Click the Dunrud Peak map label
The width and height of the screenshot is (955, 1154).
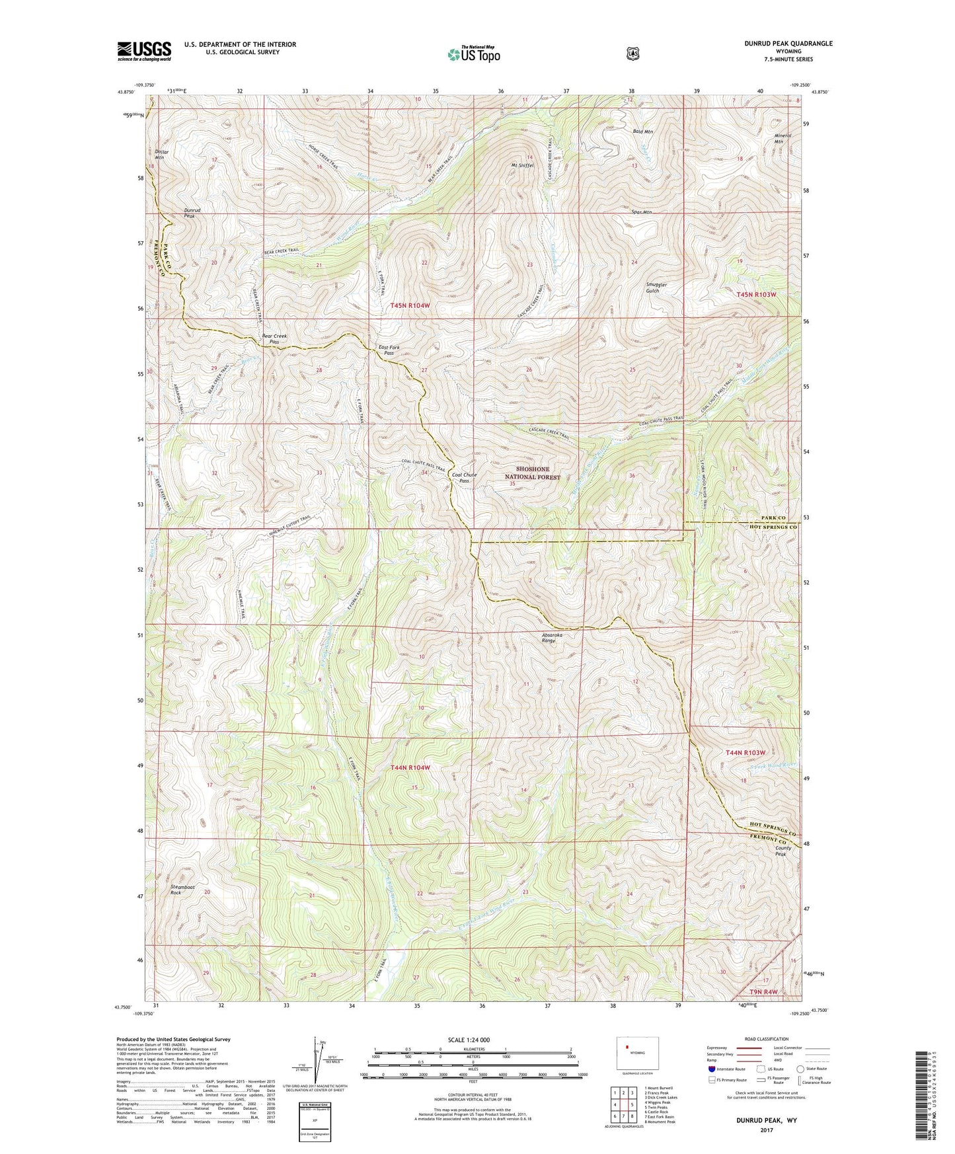click(192, 213)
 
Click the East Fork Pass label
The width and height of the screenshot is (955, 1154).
click(389, 350)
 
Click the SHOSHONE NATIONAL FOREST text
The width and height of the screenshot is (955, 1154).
click(532, 473)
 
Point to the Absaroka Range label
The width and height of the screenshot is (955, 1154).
click(553, 638)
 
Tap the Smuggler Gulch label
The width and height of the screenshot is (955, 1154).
click(656, 288)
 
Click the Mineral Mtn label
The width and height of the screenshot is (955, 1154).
click(783, 138)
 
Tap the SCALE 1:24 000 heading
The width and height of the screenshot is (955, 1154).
click(469, 1040)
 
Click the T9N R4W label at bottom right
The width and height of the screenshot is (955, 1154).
click(763, 991)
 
